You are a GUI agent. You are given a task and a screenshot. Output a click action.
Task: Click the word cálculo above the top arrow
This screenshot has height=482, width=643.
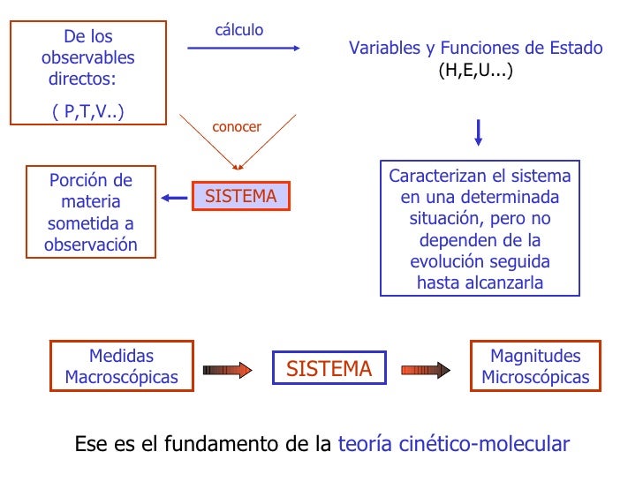239,30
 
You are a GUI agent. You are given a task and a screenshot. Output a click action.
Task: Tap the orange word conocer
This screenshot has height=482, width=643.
237,127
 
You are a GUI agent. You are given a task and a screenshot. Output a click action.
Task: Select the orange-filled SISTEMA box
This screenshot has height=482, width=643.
241,197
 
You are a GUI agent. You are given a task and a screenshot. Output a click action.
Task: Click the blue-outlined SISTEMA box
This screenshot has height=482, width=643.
329,369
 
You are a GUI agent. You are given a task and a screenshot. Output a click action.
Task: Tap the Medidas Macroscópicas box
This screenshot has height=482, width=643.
121,367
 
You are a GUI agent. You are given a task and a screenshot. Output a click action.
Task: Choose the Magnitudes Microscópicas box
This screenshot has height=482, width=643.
535,367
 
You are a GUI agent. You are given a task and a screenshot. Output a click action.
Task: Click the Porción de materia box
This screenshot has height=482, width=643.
91,213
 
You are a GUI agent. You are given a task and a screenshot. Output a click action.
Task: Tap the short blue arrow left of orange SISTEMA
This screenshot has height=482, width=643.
176,197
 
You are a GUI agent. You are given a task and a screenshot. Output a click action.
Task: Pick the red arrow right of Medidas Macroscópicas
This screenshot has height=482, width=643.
228,370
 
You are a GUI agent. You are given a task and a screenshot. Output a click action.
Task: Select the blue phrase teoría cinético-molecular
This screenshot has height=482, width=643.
454,444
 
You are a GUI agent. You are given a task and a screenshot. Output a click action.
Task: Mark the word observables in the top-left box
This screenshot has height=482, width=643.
88,58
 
